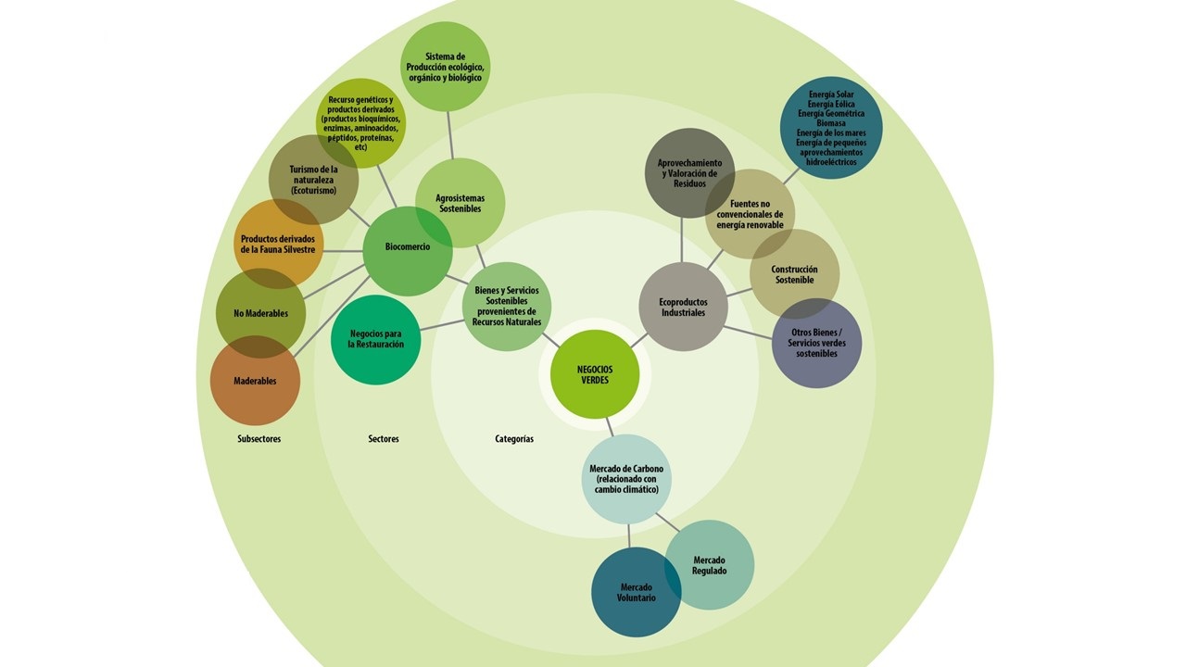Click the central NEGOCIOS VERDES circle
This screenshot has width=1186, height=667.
coord(595,374)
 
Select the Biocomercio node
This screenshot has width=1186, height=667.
coord(408,248)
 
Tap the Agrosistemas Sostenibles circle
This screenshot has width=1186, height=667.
coord(460,203)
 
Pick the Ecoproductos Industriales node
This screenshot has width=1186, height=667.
coord(683,307)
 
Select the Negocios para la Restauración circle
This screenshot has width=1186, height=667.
coord(375,339)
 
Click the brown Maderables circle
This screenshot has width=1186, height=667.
coord(255,382)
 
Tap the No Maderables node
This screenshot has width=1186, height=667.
coord(259,313)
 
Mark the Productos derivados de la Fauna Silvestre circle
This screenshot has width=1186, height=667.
coord(277,244)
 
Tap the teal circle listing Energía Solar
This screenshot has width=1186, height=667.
coord(831,128)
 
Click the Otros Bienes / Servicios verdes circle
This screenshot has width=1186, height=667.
coord(816,343)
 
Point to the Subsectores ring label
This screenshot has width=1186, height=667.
coord(259,439)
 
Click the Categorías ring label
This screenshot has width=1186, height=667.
coord(514,439)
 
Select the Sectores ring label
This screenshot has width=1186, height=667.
coord(383,439)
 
